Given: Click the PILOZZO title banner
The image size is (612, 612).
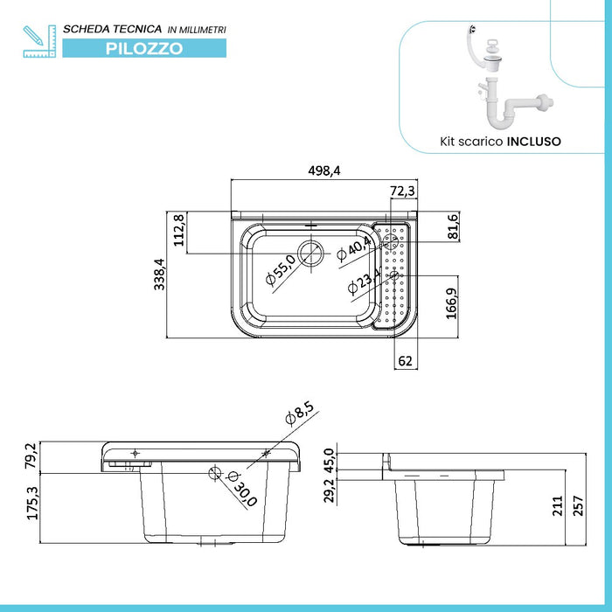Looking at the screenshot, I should click(x=144, y=49).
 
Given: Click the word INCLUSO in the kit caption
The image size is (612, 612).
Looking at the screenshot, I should click(x=534, y=140).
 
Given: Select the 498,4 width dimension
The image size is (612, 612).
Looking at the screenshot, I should click(x=323, y=171).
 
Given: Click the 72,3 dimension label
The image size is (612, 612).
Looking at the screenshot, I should click(x=402, y=191).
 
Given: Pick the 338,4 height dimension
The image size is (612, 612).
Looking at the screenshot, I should click(x=159, y=275).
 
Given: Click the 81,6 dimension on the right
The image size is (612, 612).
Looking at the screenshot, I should click(x=452, y=226).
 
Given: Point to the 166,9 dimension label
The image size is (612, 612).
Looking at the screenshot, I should click(x=452, y=305).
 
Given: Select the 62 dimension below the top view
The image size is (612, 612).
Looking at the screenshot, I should click(x=404, y=359).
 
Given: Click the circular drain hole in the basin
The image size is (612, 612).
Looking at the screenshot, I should click(x=309, y=254).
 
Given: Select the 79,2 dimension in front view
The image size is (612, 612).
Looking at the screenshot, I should click(x=31, y=456).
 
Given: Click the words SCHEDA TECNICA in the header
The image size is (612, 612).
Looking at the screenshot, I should click(x=112, y=30).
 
